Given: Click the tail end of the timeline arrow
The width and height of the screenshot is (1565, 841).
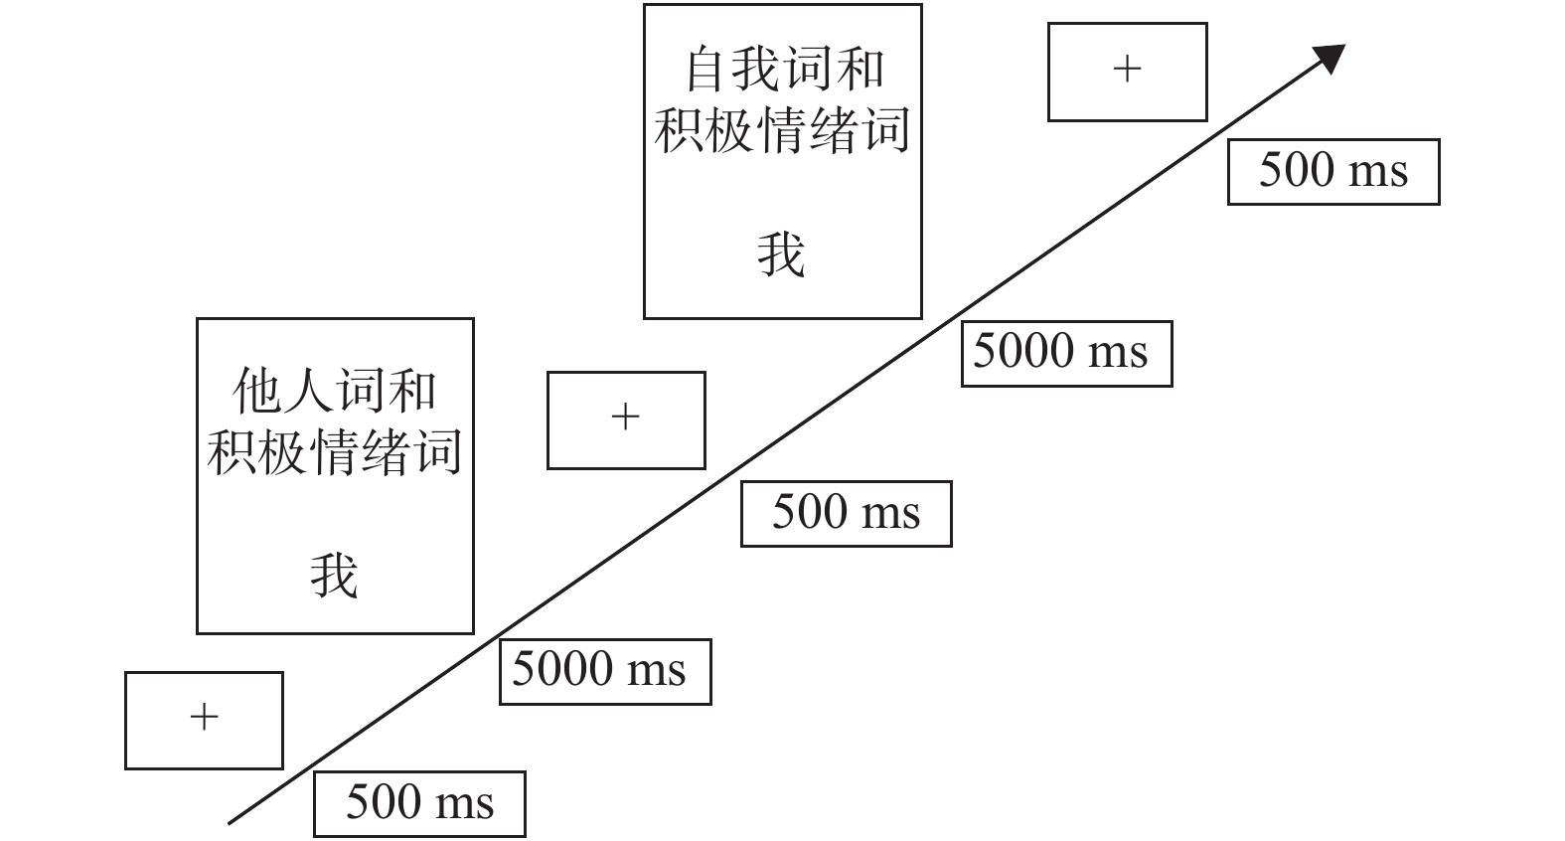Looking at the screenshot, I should point(232,821).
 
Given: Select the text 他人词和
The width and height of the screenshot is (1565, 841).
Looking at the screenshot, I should point(334,390).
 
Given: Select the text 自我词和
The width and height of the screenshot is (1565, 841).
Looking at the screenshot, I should point(783,70).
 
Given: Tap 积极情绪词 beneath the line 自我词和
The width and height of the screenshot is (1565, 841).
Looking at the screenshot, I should point(783,131).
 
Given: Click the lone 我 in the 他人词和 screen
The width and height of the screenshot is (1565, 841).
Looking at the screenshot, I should point(334,576).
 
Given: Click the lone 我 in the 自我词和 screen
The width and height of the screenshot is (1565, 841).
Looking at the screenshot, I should point(781,254).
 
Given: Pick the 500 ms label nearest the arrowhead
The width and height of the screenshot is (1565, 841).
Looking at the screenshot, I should point(1333,171).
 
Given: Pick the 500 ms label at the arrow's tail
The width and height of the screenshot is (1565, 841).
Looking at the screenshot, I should point(419,803).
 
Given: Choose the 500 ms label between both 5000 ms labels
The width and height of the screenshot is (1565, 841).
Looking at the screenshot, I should point(846,513).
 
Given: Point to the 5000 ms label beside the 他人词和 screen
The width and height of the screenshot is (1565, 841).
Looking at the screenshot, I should point(604,671).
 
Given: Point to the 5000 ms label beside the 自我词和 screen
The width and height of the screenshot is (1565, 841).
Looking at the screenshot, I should point(1066,353).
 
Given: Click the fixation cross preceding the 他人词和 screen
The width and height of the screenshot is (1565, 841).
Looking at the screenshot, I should point(204,717).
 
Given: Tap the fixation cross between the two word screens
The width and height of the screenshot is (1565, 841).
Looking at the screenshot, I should point(625,417).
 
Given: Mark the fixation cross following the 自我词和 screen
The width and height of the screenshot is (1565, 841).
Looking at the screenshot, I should point(1127,69).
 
